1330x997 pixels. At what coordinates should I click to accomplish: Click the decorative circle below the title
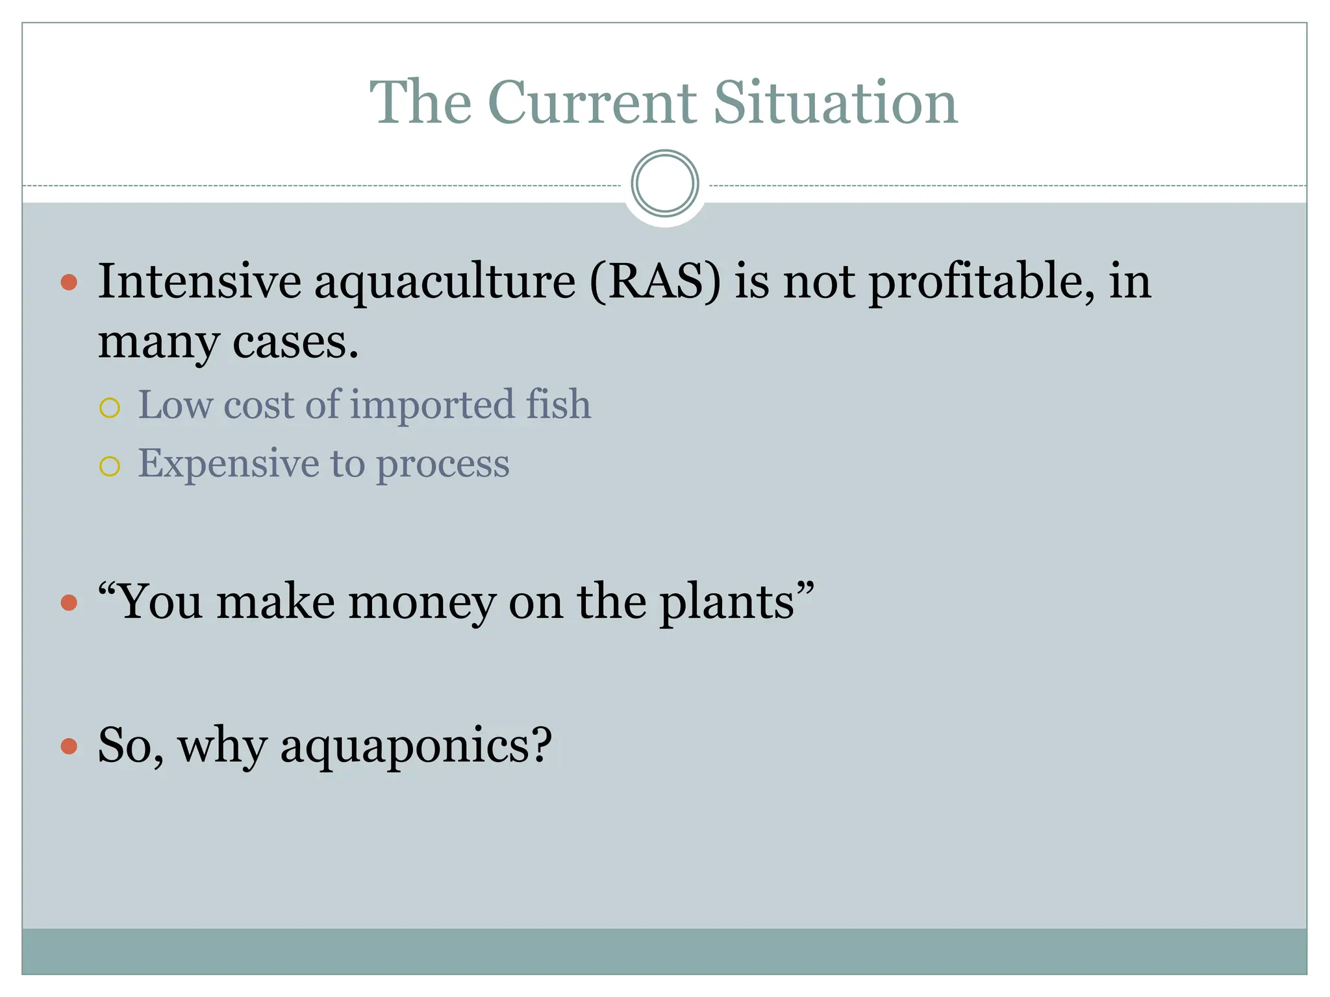coord(664,184)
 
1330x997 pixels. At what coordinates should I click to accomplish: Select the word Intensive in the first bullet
coord(199,282)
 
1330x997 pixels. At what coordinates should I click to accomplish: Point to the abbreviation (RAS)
coord(655,282)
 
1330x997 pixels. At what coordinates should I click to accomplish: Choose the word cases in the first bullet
coord(295,342)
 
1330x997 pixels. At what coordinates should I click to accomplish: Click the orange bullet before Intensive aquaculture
coord(69,282)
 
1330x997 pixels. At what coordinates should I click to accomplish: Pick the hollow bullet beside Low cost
coord(110,408)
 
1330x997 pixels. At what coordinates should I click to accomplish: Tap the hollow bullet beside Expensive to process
coord(110,466)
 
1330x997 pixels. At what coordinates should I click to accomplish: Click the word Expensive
coord(228,465)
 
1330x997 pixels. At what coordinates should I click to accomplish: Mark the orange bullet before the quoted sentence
coord(69,603)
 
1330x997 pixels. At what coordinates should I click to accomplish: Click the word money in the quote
coord(421,602)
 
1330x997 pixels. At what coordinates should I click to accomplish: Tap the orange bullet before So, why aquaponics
coord(69,746)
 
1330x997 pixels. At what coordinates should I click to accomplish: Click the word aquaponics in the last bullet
coord(416,746)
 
